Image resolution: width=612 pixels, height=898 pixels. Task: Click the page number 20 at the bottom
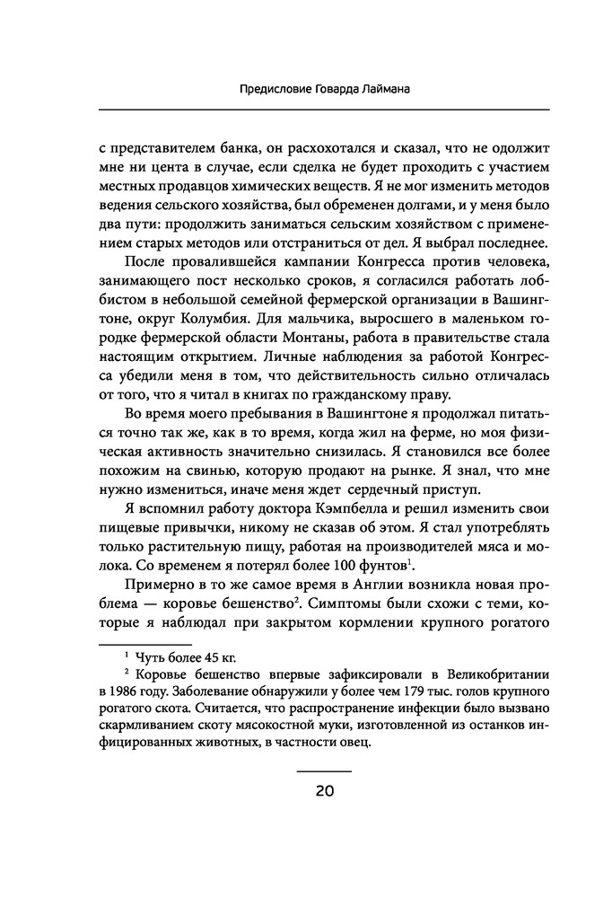(x=324, y=791)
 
